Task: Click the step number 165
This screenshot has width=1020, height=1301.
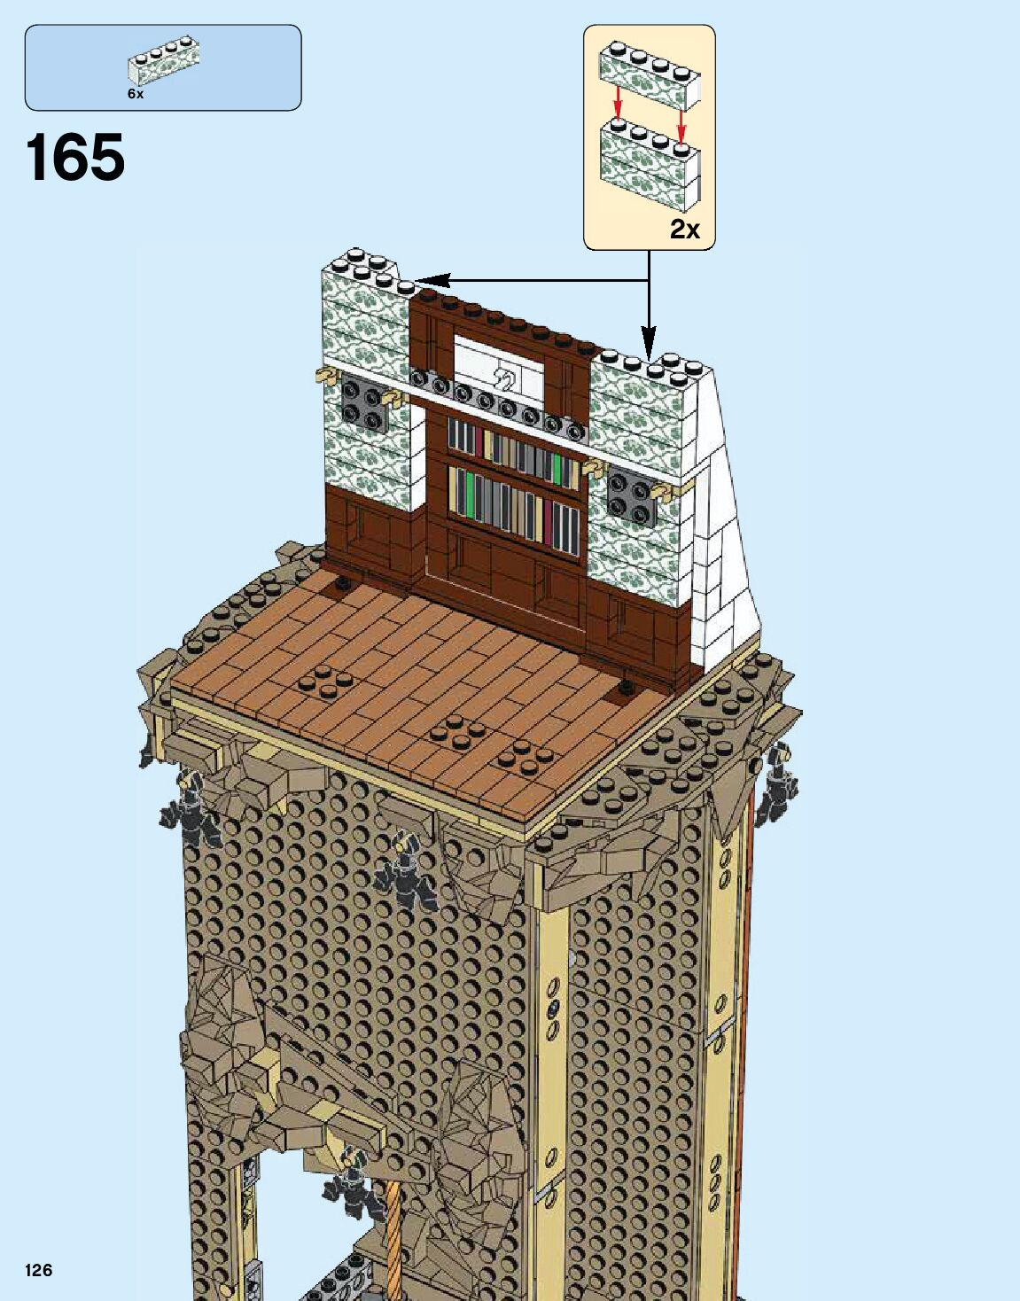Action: tap(76, 158)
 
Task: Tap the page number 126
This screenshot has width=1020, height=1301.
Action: tap(39, 1270)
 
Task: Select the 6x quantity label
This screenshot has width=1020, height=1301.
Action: tap(135, 93)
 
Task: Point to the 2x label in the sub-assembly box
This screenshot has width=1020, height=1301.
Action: tap(684, 230)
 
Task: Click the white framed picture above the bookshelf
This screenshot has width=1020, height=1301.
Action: tap(497, 365)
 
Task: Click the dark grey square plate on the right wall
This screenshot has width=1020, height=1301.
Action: tap(631, 498)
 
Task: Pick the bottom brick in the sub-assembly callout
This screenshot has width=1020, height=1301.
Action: tap(650, 167)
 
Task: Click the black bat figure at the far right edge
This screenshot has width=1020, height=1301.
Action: tap(776, 786)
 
